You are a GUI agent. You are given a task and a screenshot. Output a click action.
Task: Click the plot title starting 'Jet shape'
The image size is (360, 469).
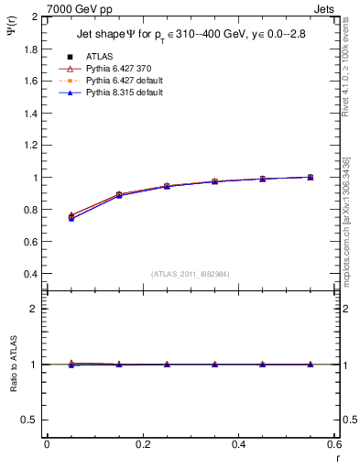tap(191, 35)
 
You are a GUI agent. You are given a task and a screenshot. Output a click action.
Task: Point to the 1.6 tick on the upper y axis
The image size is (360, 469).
tap(31, 82)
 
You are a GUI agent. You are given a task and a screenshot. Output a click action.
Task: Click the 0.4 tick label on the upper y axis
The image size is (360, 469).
tap(31, 274)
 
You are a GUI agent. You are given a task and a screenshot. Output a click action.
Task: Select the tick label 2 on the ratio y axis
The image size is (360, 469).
tap(35, 309)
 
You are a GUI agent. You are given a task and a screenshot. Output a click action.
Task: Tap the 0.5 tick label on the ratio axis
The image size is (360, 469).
tap(31, 420)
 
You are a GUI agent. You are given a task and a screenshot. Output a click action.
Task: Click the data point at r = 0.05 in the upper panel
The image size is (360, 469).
tap(71, 216)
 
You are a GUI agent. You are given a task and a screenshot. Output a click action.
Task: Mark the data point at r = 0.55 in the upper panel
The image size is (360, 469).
tap(311, 177)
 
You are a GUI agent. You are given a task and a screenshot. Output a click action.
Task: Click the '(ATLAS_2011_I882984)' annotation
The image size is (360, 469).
tap(191, 273)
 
